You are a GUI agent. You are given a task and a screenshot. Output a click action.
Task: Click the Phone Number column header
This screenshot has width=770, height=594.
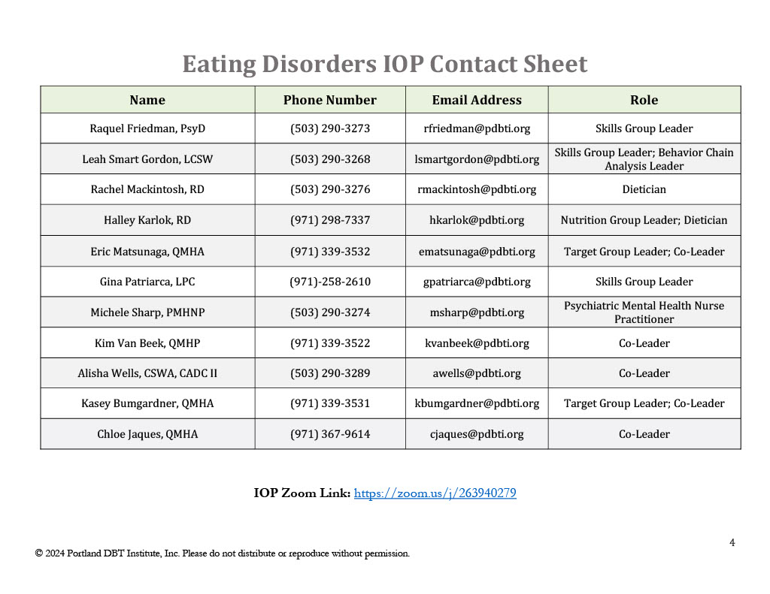tap(329, 100)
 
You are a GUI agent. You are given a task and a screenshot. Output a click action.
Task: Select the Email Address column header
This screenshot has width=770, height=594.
tap(476, 100)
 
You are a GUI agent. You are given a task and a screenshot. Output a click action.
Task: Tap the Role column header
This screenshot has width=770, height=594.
tap(644, 100)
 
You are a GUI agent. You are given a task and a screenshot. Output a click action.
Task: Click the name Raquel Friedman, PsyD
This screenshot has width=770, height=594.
tap(147, 128)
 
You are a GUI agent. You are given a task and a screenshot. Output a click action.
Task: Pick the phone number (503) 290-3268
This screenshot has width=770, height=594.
tap(330, 159)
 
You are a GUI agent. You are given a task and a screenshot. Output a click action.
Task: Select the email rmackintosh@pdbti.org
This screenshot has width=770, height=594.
tap(477, 189)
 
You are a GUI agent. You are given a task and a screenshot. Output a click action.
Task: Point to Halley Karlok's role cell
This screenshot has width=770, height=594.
tap(644, 220)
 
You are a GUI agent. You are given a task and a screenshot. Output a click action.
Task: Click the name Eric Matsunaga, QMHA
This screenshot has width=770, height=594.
tap(147, 252)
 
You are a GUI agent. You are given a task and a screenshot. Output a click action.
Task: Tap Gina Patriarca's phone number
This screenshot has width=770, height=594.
tap(330, 282)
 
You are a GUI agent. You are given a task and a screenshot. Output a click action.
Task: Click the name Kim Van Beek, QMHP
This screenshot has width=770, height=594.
tap(147, 343)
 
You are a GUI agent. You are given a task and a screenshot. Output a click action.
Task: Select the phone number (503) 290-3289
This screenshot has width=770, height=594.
tap(330, 373)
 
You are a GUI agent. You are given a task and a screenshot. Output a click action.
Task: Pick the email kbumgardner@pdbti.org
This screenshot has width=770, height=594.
tap(477, 403)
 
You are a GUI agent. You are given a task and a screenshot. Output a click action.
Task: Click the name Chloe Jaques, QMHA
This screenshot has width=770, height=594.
tap(147, 434)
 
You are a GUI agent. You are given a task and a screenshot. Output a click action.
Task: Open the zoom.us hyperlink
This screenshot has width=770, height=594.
tap(435, 493)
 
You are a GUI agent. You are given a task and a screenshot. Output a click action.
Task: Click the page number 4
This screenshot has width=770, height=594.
tap(732, 543)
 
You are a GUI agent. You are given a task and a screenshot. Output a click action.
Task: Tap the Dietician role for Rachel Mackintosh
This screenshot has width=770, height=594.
tap(644, 189)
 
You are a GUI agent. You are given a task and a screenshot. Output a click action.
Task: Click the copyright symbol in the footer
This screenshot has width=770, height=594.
tap(38, 553)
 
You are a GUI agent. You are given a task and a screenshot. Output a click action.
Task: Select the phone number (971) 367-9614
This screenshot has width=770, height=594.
tap(330, 434)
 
